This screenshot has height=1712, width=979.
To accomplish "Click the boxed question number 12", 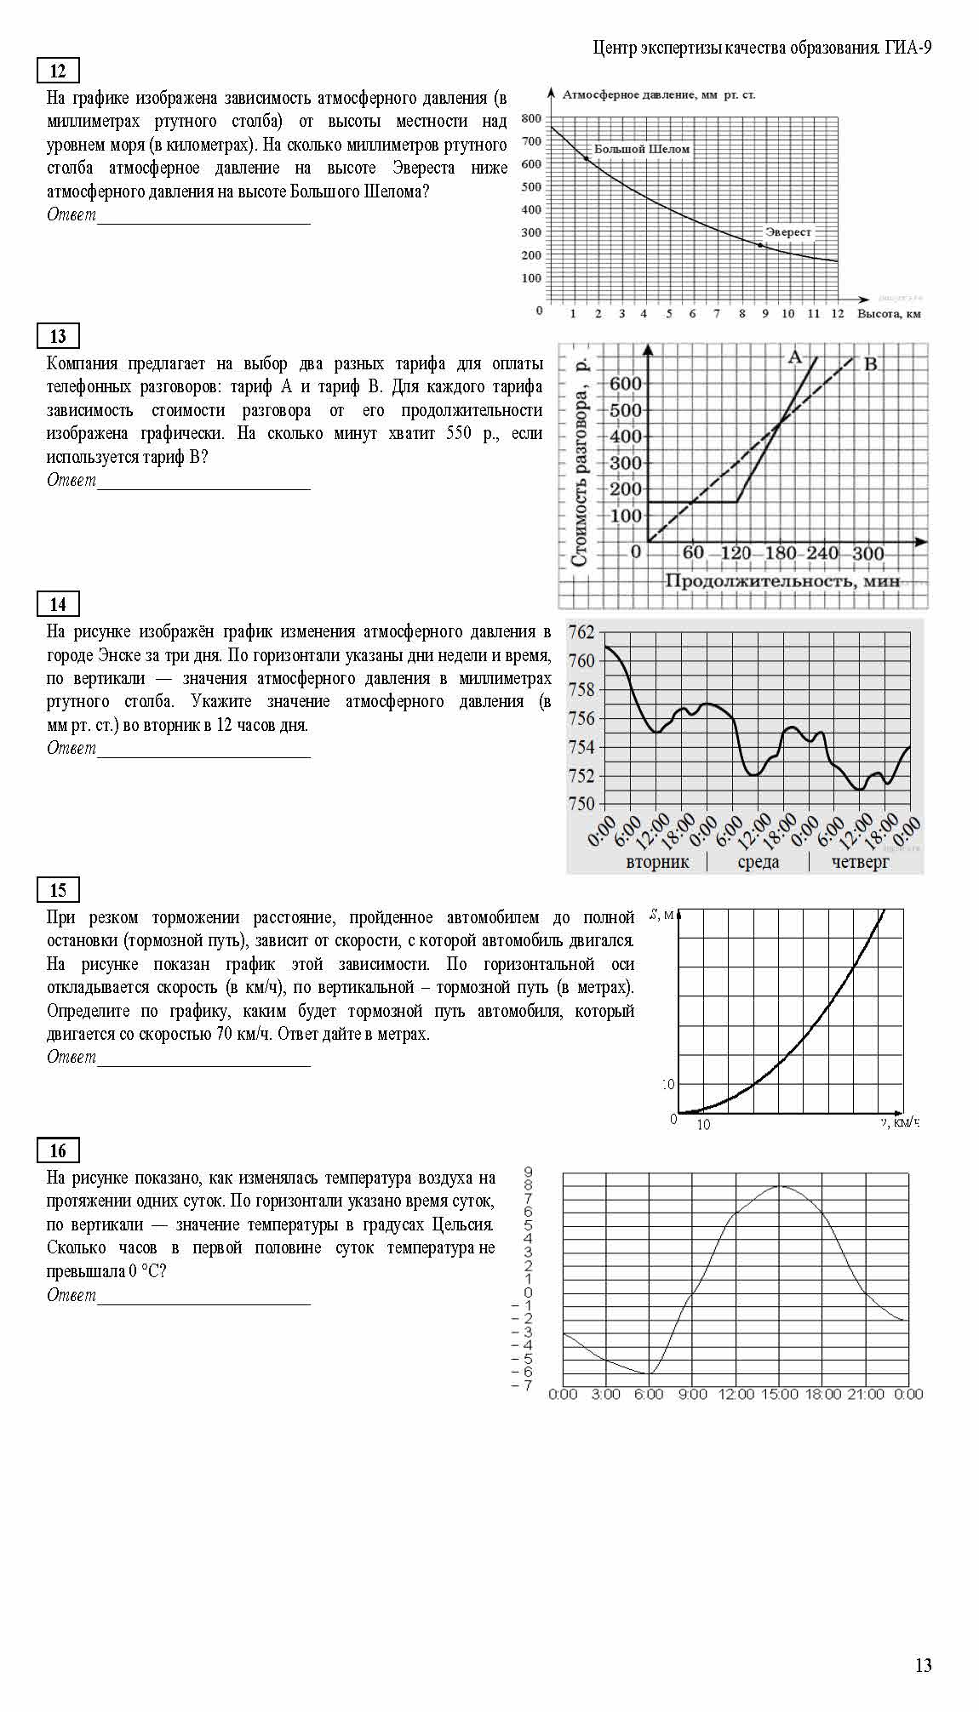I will (x=58, y=71).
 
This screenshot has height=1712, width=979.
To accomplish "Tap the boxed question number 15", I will (x=58, y=890).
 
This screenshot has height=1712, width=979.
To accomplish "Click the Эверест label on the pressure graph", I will (x=787, y=231).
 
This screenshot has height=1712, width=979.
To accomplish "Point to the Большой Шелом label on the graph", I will (x=641, y=149).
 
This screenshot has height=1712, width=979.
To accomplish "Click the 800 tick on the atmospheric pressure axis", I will (x=530, y=118).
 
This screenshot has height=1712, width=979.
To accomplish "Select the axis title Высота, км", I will (x=889, y=314).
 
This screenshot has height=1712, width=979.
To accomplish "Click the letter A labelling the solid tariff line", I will (x=795, y=357).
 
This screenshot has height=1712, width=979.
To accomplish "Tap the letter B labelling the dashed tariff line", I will (x=871, y=365).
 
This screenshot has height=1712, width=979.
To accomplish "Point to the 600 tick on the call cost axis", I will (x=625, y=384).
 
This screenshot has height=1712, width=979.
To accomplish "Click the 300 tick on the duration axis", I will (x=868, y=553).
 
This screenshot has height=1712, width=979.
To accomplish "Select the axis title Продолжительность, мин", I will (x=781, y=580).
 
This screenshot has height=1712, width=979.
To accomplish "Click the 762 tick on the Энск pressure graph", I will (x=581, y=632).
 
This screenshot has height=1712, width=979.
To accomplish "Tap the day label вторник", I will (x=657, y=862).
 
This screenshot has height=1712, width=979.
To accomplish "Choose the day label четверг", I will (x=861, y=862).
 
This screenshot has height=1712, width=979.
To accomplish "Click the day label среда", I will (x=758, y=862).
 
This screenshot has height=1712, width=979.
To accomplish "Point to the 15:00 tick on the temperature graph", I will (x=779, y=1394).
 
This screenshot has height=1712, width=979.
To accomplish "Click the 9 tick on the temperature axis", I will (x=528, y=1173).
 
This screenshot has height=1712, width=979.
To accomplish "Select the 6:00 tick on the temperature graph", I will (x=649, y=1394).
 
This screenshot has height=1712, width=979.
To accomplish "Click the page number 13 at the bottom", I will (x=923, y=1665).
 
